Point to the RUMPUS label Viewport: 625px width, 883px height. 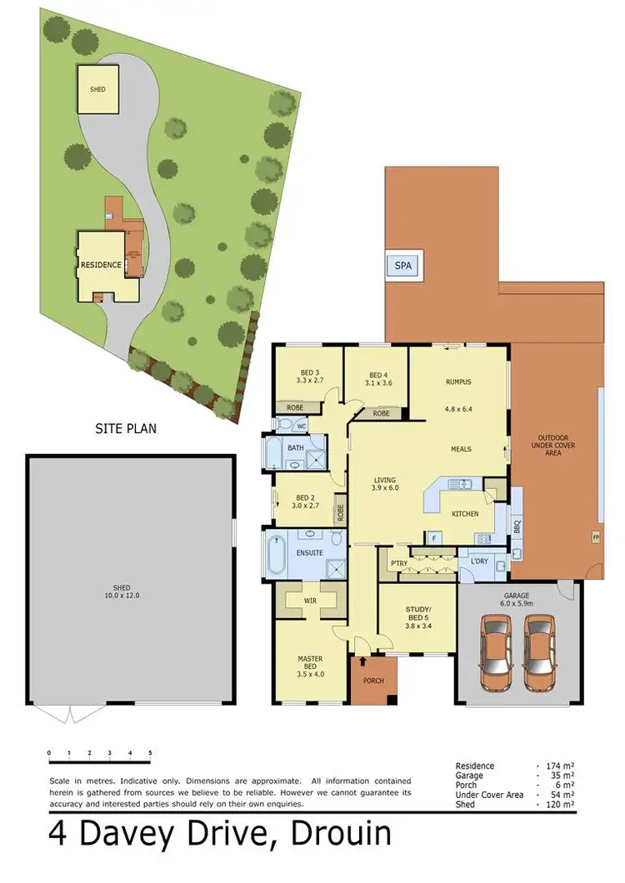coord(459,382)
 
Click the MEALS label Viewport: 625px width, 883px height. coord(461,449)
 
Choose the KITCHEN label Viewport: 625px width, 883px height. coord(465,514)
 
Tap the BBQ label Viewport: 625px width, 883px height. coord(517,527)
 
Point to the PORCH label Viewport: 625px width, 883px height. coord(374,681)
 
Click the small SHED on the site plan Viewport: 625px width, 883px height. coord(98,89)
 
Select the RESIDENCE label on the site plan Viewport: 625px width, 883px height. coord(101,265)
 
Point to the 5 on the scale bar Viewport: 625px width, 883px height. coord(150,753)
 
